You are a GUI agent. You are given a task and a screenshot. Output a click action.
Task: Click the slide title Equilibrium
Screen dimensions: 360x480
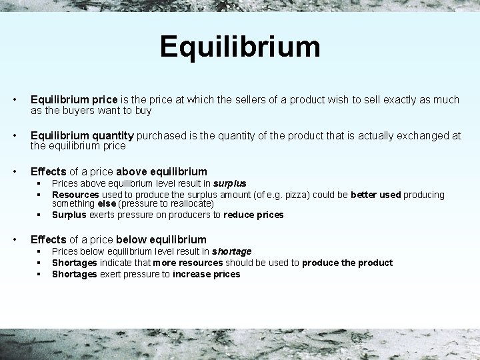click(x=240, y=47)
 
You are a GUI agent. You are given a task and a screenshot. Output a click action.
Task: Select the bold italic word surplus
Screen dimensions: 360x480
click(x=229, y=183)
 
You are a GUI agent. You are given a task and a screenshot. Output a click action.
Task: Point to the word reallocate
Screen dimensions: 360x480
click(x=187, y=203)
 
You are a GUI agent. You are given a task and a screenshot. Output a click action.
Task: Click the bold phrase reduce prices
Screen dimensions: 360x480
click(x=253, y=215)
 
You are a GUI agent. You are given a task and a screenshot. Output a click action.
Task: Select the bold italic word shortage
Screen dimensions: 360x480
click(x=231, y=251)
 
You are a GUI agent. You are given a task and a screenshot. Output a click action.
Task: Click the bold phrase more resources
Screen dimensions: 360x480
click(x=187, y=263)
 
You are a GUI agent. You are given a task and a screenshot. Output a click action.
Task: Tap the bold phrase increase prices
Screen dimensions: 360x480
click(x=206, y=274)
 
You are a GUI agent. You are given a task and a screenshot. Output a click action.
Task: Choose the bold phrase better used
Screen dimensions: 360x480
click(x=375, y=194)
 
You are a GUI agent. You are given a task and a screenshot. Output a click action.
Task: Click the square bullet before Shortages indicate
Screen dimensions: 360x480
click(x=39, y=263)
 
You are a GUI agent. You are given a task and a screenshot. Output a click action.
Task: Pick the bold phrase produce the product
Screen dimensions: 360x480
click(x=347, y=263)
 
